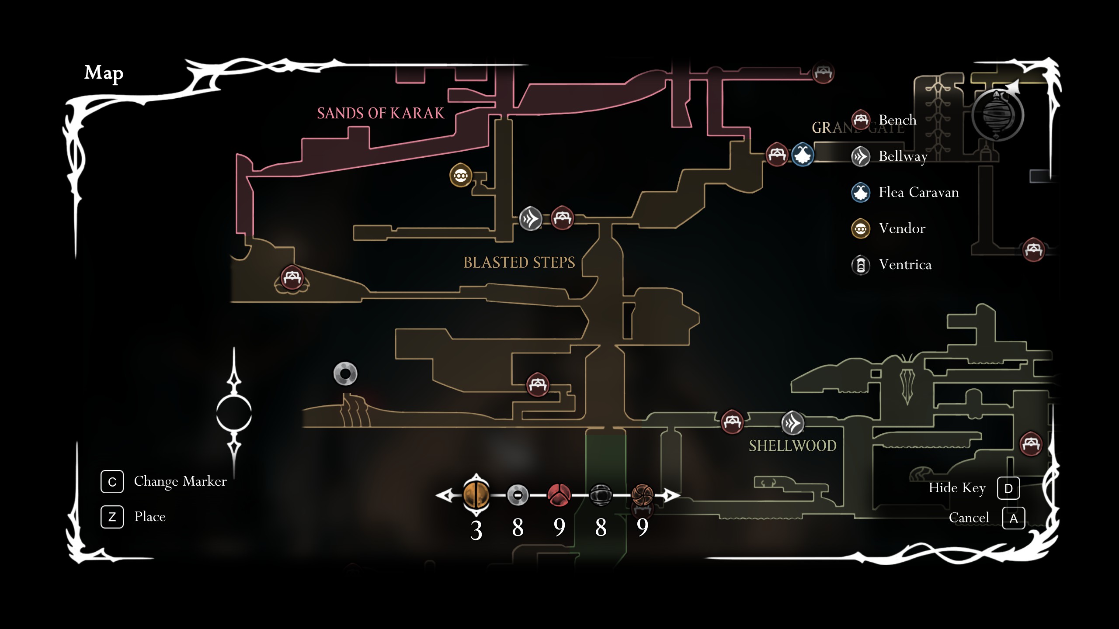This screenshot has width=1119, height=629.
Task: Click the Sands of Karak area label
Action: pos(380,113)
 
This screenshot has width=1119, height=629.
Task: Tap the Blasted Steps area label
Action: pos(519,263)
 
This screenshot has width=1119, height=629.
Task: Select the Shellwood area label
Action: pos(792,446)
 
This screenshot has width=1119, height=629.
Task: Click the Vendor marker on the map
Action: pos(461,176)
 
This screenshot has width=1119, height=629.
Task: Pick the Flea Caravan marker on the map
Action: pos(803,155)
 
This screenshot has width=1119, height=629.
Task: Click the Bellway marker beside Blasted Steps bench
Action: pos(531,218)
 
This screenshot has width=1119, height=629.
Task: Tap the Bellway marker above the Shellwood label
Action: pos(792,423)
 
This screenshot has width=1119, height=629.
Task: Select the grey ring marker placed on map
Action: pos(345,374)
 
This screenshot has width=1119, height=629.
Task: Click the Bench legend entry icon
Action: pos(861,120)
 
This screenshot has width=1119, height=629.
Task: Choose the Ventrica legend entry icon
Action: pos(861,265)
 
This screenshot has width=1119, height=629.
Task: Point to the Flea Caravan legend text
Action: pos(918,192)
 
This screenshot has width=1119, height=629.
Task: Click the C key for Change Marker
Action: pos(112,482)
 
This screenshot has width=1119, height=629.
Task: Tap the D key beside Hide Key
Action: pos(1008,488)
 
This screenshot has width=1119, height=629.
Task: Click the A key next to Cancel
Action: pos(1013,518)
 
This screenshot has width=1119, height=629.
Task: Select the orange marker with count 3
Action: pos(476,495)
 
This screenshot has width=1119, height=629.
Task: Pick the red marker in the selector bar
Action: pos(559,495)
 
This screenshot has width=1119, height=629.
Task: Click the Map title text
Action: pos(104,73)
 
